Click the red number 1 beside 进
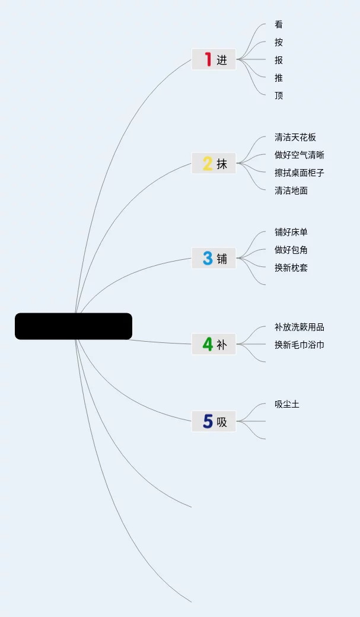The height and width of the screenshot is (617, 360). tap(208, 59)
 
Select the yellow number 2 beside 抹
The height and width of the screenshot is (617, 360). tap(208, 163)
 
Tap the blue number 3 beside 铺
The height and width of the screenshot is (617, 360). tap(208, 258)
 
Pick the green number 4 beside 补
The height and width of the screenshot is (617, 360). tap(208, 344)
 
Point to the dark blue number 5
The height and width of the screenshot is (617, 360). tap(208, 421)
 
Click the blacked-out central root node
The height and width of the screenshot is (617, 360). tap(74, 326)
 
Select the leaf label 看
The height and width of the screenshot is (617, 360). tap(279, 24)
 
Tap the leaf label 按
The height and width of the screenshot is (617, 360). tap(279, 42)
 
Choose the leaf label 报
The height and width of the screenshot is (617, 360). tap(279, 60)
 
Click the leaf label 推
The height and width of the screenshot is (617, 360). tap(279, 78)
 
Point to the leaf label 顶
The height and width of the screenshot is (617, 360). tap(279, 96)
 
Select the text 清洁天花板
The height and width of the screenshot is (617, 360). tap(295, 137)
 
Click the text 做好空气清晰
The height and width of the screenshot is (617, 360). tap(300, 155)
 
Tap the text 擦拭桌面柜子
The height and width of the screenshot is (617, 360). tap(300, 173)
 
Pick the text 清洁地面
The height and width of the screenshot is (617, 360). tap(291, 190)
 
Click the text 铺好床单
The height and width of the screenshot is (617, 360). tap(291, 232)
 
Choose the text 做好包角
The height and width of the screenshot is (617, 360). tap(291, 250)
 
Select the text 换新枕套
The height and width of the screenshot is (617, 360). tap(291, 268)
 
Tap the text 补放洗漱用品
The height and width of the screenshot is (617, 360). tap(300, 327)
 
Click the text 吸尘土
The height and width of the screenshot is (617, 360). tap(287, 404)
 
